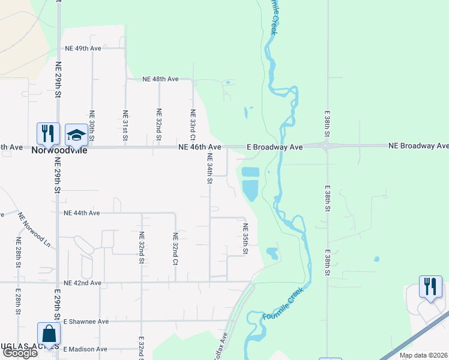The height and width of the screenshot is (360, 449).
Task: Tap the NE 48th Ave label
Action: [x=160, y=79]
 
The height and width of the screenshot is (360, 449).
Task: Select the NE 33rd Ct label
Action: [x=193, y=121]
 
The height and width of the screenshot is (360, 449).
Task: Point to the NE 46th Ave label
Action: [x=200, y=147]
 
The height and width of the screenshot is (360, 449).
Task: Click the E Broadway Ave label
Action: [x=275, y=147]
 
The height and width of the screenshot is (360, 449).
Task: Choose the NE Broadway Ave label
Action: [x=418, y=146]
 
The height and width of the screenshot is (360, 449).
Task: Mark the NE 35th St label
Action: [x=246, y=239]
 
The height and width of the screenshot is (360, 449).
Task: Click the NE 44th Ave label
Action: [x=82, y=213]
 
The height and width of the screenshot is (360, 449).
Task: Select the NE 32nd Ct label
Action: [x=175, y=248]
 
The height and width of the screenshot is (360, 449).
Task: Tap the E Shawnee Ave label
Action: [x=86, y=322]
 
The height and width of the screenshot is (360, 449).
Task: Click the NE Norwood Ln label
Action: [x=35, y=229]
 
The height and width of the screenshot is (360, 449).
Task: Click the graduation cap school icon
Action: [x=76, y=136]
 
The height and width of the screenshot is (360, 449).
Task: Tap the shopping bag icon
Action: [x=48, y=335]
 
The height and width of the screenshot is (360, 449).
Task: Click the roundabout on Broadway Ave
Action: [x=325, y=146]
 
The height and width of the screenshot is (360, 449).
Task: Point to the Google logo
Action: [x=20, y=353]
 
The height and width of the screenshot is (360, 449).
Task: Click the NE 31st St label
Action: [x=125, y=125]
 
